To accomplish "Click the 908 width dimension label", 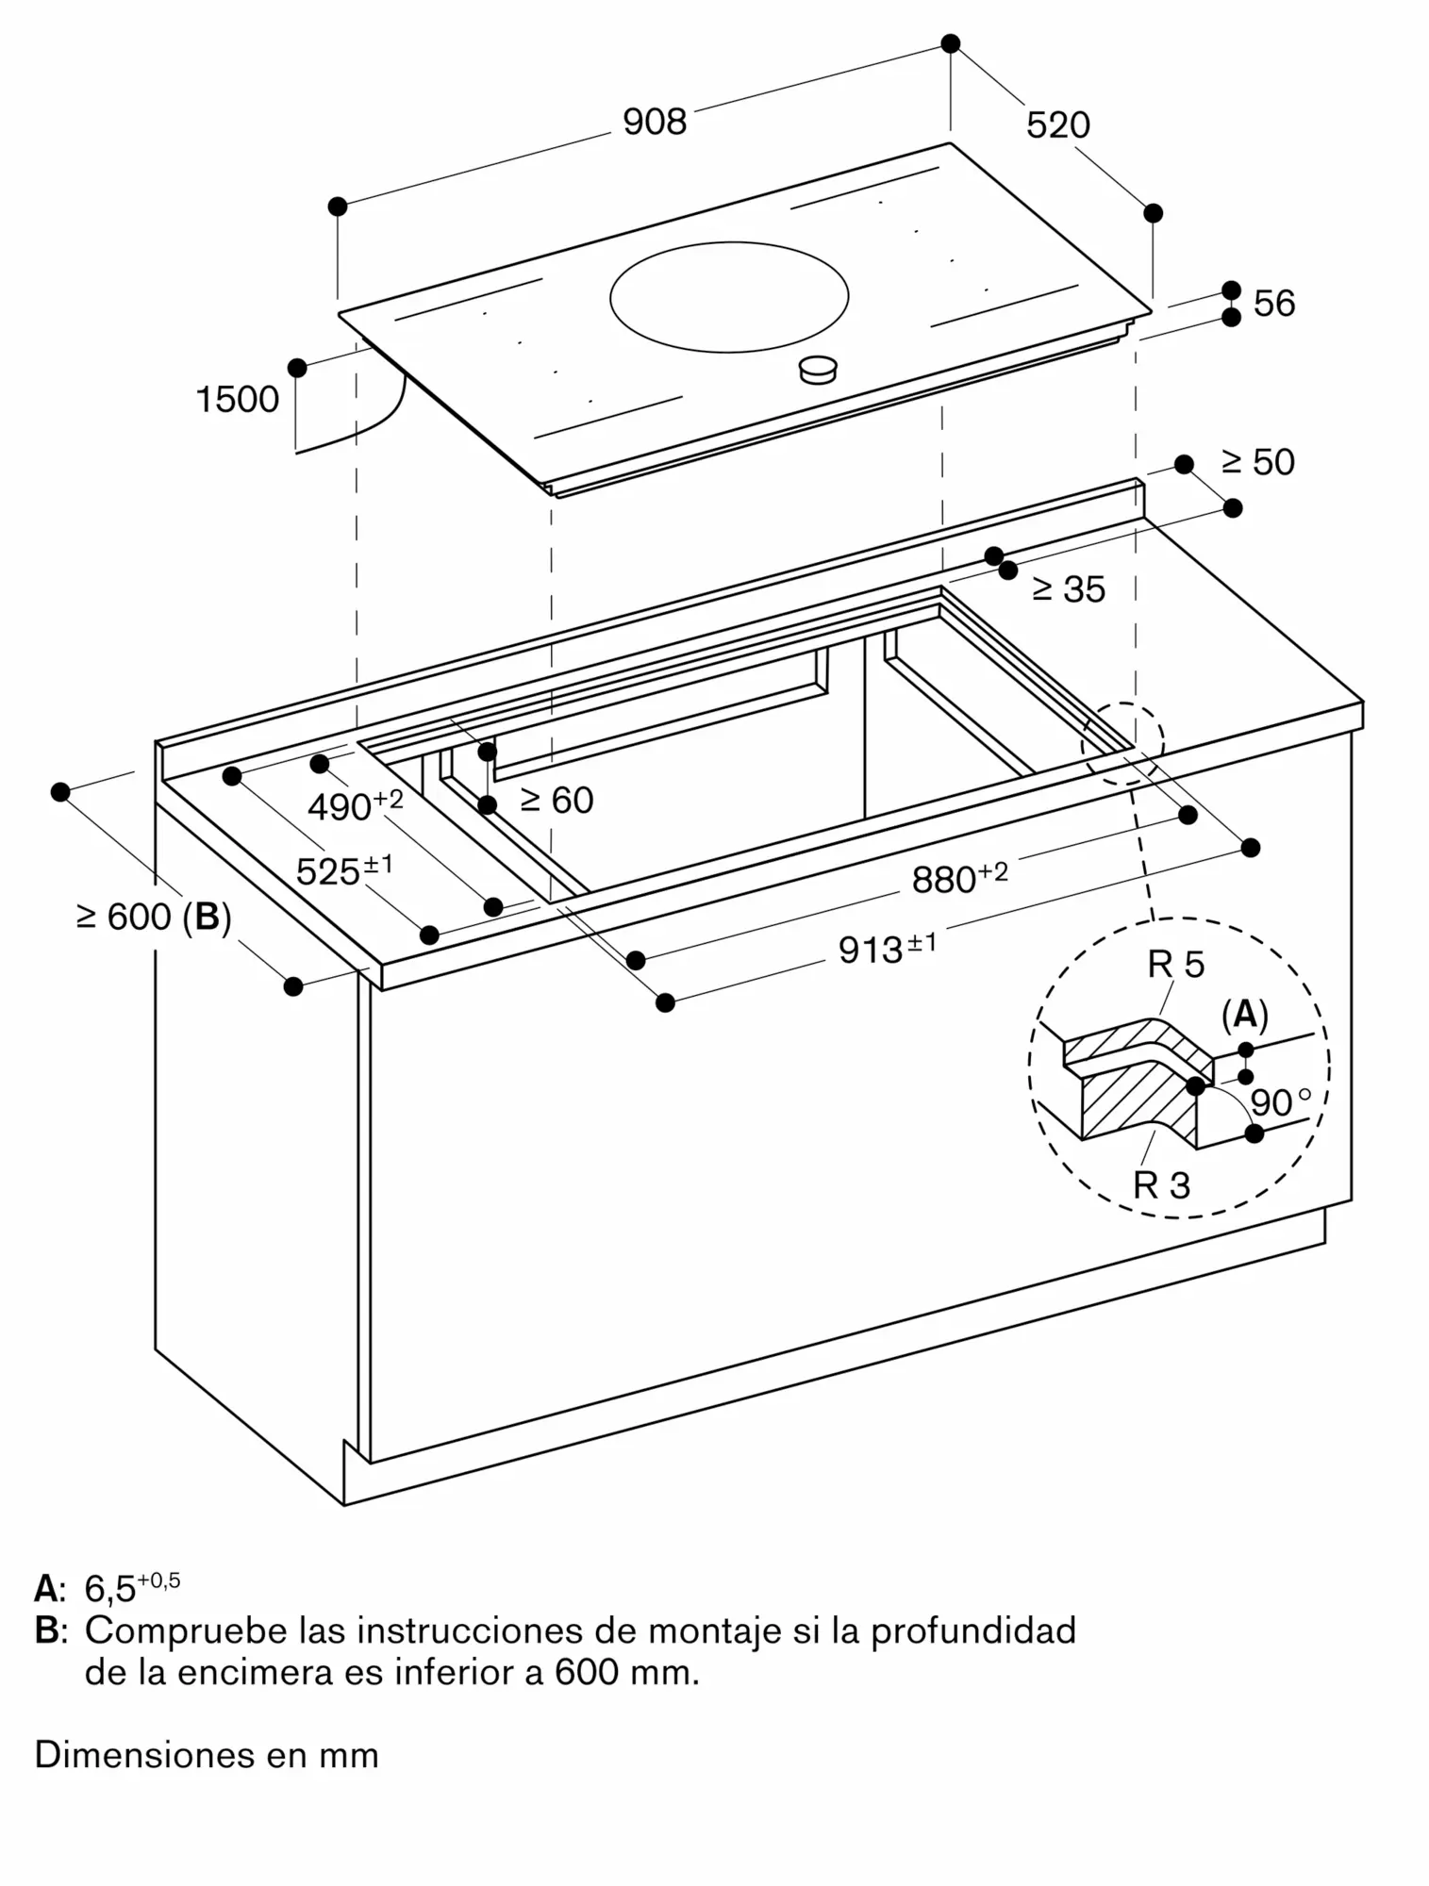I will [x=655, y=122].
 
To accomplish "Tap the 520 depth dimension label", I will [x=1057, y=125].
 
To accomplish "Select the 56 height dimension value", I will [x=1273, y=304].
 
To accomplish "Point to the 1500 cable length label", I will [x=237, y=400].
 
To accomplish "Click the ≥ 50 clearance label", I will [x=1257, y=462].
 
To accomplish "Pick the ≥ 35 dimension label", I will [x=1068, y=589].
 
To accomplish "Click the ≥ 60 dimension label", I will [x=557, y=801].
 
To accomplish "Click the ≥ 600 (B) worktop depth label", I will [x=154, y=916].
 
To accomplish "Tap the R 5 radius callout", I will [x=1175, y=965].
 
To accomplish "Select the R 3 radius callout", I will [x=1161, y=1185].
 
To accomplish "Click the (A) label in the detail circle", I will [x=1244, y=1016].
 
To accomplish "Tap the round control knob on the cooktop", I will [x=818, y=370].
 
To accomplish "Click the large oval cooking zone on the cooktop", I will [x=728, y=297].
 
